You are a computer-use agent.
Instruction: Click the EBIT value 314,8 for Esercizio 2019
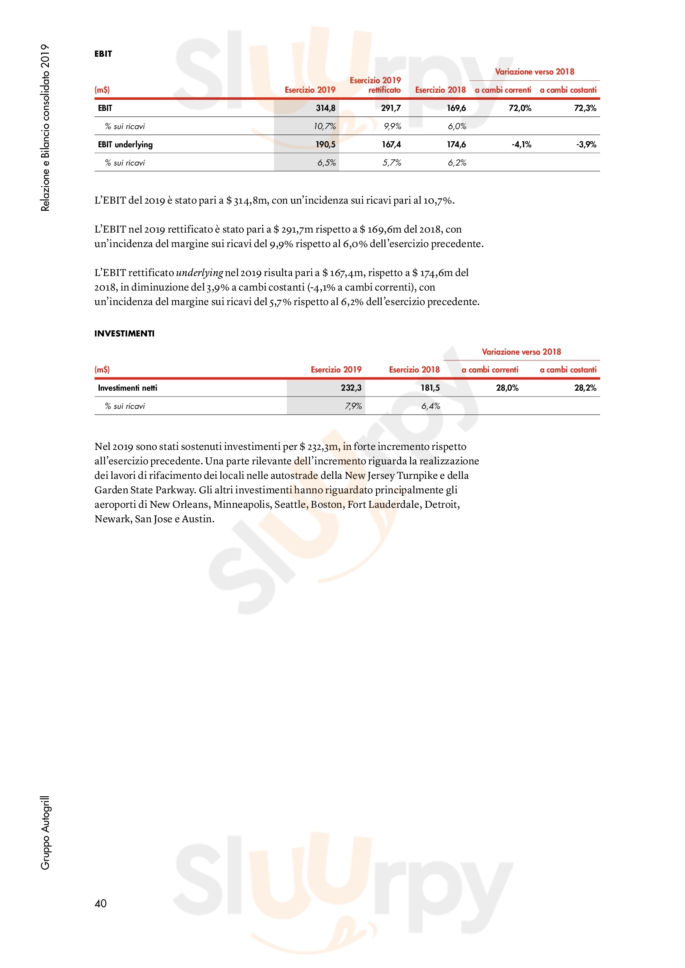[325, 108]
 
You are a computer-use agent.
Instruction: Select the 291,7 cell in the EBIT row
[391, 108]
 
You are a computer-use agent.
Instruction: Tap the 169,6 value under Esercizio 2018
[456, 108]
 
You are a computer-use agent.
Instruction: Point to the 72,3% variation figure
[585, 108]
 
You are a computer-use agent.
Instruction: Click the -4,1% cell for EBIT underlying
[521, 144]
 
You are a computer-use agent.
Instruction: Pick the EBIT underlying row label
[125, 144]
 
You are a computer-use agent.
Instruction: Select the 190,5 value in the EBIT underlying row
[325, 144]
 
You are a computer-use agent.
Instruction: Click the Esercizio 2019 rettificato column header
[375, 85]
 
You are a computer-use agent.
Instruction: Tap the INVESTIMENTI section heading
[124, 334]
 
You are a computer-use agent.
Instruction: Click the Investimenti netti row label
[128, 388]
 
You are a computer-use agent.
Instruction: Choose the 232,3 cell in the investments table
[351, 388]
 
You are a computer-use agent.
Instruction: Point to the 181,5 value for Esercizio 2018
[430, 388]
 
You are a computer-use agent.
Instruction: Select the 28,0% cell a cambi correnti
[507, 388]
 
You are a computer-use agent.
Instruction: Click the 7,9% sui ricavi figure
[353, 406]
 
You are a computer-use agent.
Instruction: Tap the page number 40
[100, 903]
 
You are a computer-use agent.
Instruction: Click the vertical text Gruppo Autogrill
[45, 832]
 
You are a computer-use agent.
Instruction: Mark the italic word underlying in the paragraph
[199, 273]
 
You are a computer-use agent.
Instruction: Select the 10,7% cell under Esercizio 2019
[324, 127]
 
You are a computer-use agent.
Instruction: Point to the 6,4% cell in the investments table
[431, 406]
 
